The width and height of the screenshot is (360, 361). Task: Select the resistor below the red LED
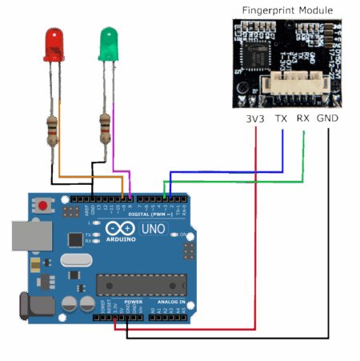53,130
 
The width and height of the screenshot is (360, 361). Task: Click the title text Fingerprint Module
287,10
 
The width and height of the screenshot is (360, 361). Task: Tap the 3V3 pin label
254,118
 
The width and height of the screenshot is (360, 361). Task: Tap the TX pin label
281,118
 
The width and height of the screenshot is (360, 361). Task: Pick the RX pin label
302,118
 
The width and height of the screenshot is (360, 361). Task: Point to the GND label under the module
327,118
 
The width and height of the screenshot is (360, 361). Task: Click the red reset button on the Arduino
42,207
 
